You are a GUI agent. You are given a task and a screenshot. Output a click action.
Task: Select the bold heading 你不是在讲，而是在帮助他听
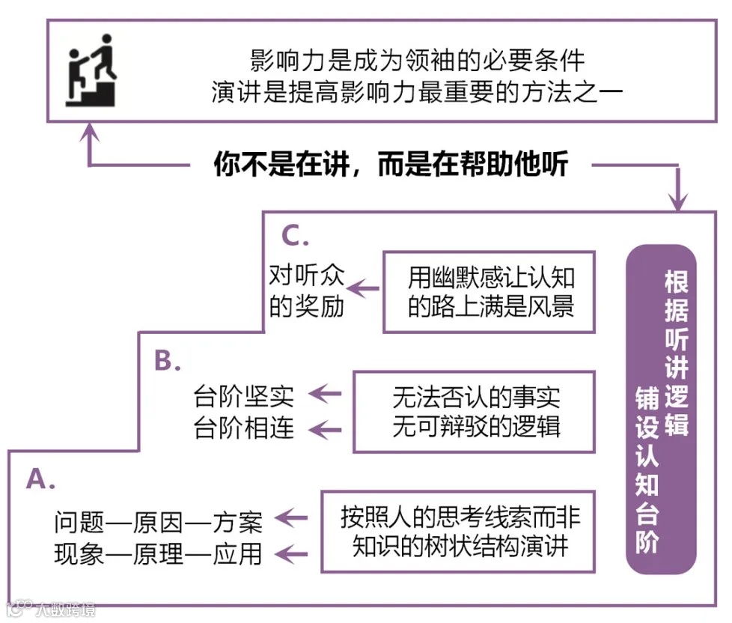coord(391,163)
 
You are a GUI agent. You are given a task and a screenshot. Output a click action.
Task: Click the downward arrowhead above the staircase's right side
coord(678,200)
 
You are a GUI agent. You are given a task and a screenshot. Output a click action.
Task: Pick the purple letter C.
coord(295,236)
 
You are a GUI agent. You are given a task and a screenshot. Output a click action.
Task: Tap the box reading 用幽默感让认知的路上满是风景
coord(489,292)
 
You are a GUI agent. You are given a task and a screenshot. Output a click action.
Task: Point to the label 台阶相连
coord(244,428)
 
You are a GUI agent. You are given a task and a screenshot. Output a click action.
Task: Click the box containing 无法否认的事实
coord(475,411)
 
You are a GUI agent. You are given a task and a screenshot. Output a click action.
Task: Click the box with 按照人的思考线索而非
coord(458,531)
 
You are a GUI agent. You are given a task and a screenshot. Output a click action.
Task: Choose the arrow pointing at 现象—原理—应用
coord(293,554)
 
